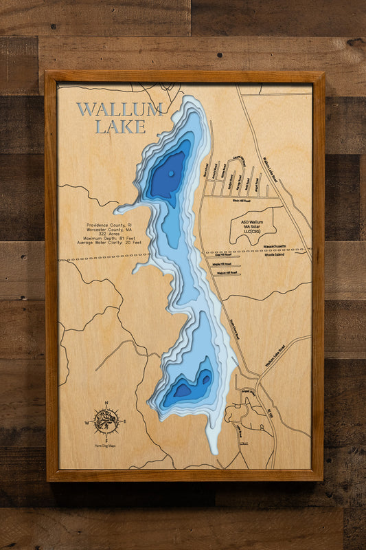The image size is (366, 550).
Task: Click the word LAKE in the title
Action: point(120,126)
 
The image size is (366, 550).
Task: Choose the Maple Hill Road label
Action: point(221,264)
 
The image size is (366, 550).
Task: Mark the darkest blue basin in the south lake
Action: point(182,390)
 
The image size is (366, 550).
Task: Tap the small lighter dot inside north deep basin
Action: point(171,173)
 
